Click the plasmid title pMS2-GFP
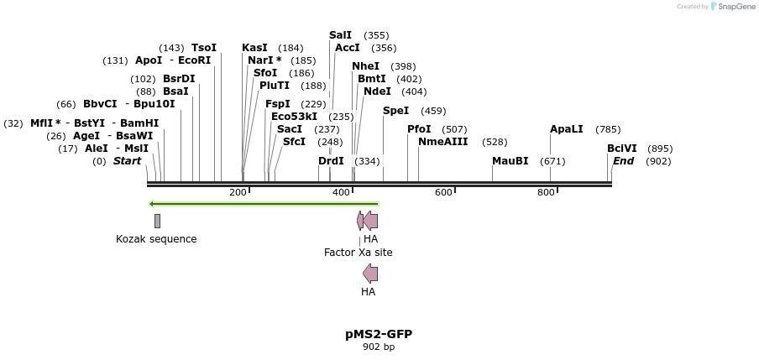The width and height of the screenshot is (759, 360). (x=379, y=334)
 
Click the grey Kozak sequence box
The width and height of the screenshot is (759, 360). (x=157, y=221)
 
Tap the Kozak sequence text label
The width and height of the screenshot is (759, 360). (x=156, y=239)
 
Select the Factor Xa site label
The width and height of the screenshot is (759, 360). (x=359, y=253)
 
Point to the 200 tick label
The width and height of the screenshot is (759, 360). (x=238, y=193)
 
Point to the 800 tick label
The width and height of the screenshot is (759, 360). (x=547, y=193)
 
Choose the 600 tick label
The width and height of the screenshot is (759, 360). (x=443, y=193)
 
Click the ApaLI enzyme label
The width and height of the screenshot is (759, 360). (x=567, y=129)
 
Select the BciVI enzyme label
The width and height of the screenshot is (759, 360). (x=622, y=149)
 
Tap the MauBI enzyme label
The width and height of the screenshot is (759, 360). (x=510, y=161)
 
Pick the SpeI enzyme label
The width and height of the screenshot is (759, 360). (x=396, y=111)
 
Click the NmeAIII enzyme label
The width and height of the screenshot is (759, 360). (x=443, y=142)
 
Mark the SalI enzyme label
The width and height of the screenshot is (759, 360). (x=341, y=35)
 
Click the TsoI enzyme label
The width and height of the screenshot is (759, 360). (x=204, y=48)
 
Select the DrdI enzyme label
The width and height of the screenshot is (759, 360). (x=332, y=161)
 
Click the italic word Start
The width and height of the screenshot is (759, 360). (x=128, y=161)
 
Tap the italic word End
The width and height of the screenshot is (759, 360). (x=624, y=161)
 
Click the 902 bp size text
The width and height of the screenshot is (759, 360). (x=379, y=347)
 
